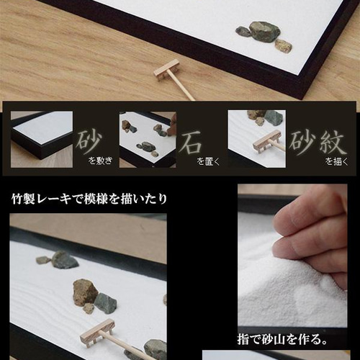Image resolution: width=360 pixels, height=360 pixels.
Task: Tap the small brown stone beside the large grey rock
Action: (284, 45)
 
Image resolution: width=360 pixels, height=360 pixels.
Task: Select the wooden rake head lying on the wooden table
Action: (167, 70)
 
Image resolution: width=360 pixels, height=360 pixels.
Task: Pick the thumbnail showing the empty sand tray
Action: (42, 139)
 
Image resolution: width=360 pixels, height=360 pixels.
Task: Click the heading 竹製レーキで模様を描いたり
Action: (89, 198)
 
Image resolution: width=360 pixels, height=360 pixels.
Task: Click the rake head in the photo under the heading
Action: (96, 330)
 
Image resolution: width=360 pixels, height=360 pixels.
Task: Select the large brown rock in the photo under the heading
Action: (85, 292)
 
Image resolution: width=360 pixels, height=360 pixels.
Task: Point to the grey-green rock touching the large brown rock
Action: (106, 303)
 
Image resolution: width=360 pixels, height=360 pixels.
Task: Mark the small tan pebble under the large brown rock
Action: (89, 309)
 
